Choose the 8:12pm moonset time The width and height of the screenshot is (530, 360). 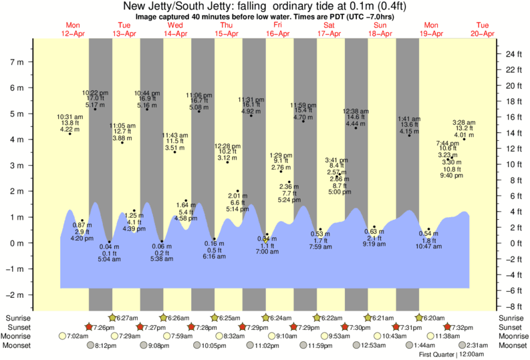pos(105,346)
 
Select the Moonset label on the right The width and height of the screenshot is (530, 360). pos(513,346)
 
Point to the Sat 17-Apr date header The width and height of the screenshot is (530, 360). pos(329,29)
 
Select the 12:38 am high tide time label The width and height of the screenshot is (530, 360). pos(356,110)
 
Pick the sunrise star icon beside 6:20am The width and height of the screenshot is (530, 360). pos(420,318)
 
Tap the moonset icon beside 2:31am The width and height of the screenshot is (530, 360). pos(461,346)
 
